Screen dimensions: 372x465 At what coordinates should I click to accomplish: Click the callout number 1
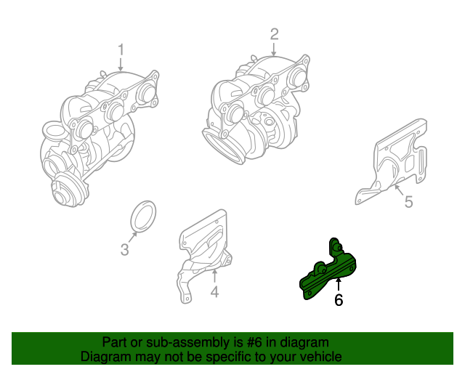tap(121, 50)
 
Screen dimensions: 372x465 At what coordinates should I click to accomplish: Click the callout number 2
tap(274, 33)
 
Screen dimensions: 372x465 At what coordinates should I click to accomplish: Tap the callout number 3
tap(124, 251)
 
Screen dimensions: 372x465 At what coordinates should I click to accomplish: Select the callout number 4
tap(214, 292)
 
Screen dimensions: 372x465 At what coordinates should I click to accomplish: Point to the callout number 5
tap(408, 202)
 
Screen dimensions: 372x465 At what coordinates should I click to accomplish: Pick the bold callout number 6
tap(338, 299)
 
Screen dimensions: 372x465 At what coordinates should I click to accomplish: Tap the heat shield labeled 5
tap(396, 163)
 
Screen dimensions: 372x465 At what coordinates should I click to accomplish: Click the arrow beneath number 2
tap(274, 49)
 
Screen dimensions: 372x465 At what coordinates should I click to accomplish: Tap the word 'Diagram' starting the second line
tap(104, 357)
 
